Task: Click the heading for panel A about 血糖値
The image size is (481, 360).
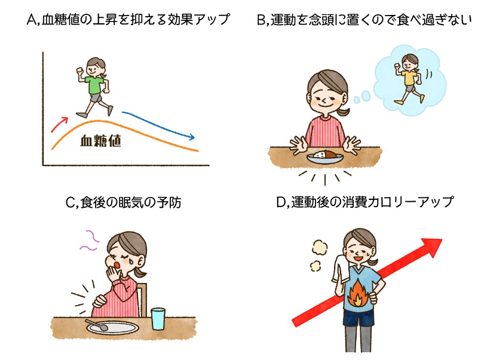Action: (x=128, y=20)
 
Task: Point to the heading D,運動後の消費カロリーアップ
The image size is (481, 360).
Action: (x=364, y=202)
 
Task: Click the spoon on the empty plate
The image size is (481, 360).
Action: (x=96, y=327)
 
